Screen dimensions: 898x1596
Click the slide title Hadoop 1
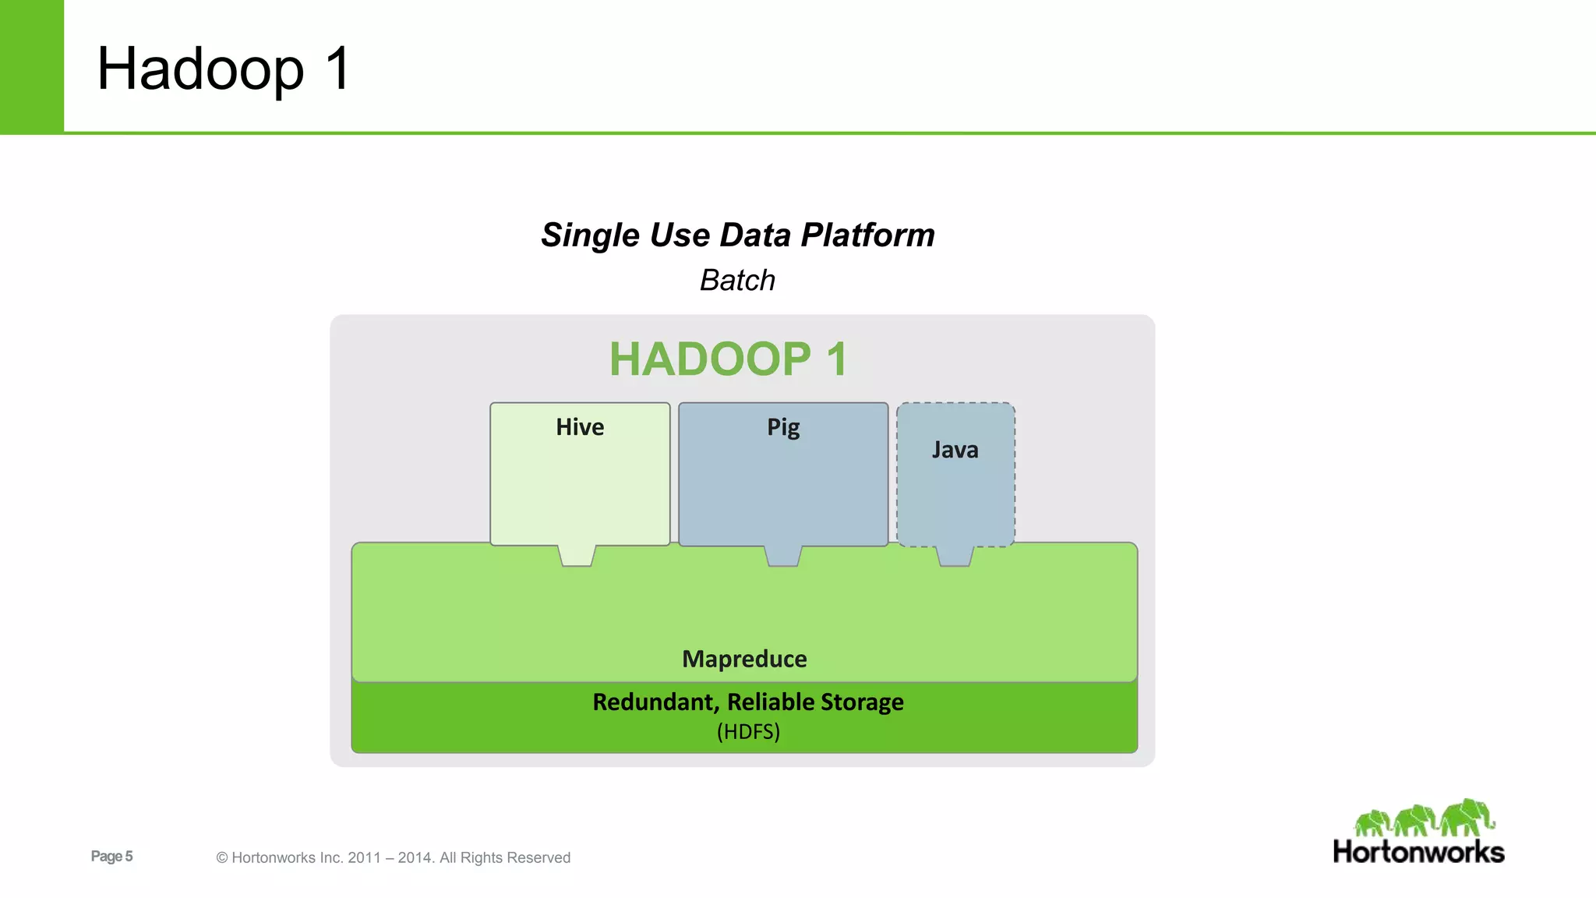224,69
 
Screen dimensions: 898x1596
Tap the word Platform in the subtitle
867,235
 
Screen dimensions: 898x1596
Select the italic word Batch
737,281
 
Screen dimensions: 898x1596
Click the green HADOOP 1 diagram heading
728,359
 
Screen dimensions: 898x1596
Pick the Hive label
580,427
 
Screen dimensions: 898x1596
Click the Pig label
783,427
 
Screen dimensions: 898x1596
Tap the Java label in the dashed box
955,450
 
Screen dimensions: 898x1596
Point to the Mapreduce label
744,659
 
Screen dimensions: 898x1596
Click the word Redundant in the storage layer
655,702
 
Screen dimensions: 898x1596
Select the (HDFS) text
748,732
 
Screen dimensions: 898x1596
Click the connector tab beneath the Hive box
577,555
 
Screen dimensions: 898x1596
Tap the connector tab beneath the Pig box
783,555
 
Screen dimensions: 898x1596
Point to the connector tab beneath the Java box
955,555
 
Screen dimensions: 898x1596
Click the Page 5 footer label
111,856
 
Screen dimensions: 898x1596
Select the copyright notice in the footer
393,857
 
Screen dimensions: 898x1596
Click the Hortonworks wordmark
1418,852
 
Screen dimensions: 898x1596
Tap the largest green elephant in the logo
1467,817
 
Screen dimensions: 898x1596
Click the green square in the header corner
31,66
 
